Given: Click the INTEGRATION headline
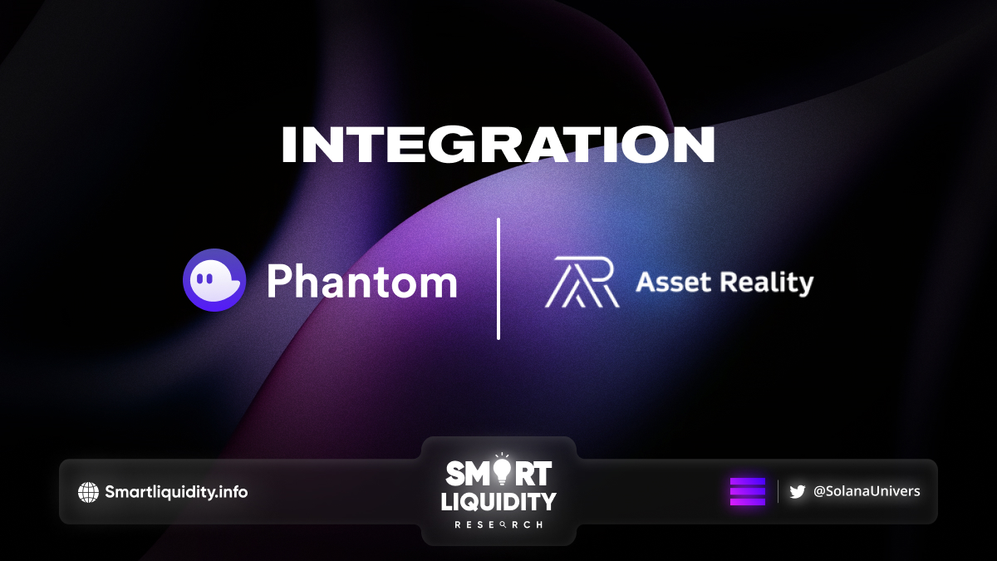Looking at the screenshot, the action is point(498,145).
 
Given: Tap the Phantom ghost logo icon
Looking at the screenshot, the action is point(214,280).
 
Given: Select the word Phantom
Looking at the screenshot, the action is point(362,282).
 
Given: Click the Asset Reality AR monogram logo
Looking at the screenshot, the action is point(582,283).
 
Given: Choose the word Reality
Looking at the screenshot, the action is point(767,283).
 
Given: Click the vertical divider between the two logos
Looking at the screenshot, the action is point(498,278).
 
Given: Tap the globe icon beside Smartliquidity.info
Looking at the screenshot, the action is point(88,492).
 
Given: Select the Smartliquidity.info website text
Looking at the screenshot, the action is point(176,492).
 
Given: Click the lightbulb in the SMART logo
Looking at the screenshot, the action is point(502,470).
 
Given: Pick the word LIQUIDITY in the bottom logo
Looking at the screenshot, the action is point(498,501).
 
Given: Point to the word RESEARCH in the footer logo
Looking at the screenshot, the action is point(498,525).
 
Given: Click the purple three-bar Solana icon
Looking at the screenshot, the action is point(748,491).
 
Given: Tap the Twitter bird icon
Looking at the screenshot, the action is point(797,491).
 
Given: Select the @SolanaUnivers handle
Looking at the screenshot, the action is point(867,491).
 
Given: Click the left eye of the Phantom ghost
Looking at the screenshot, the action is point(199,278).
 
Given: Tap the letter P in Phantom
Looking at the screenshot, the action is point(278,281).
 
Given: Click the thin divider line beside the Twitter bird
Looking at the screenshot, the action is point(778,491).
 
